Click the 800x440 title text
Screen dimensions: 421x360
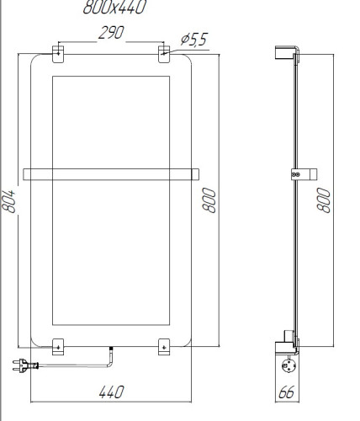point(114,8)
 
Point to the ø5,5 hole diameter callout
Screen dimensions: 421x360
point(194,38)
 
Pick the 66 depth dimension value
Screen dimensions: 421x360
point(289,393)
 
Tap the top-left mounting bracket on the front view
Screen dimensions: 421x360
point(58,52)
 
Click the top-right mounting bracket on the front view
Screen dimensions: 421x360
point(164,52)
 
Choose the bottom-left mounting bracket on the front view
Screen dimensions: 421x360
point(58,345)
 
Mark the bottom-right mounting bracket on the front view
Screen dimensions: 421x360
point(164,345)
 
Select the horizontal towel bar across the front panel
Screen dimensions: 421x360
point(111,174)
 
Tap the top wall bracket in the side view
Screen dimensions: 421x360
point(286,53)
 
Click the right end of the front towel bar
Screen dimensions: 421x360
point(195,174)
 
